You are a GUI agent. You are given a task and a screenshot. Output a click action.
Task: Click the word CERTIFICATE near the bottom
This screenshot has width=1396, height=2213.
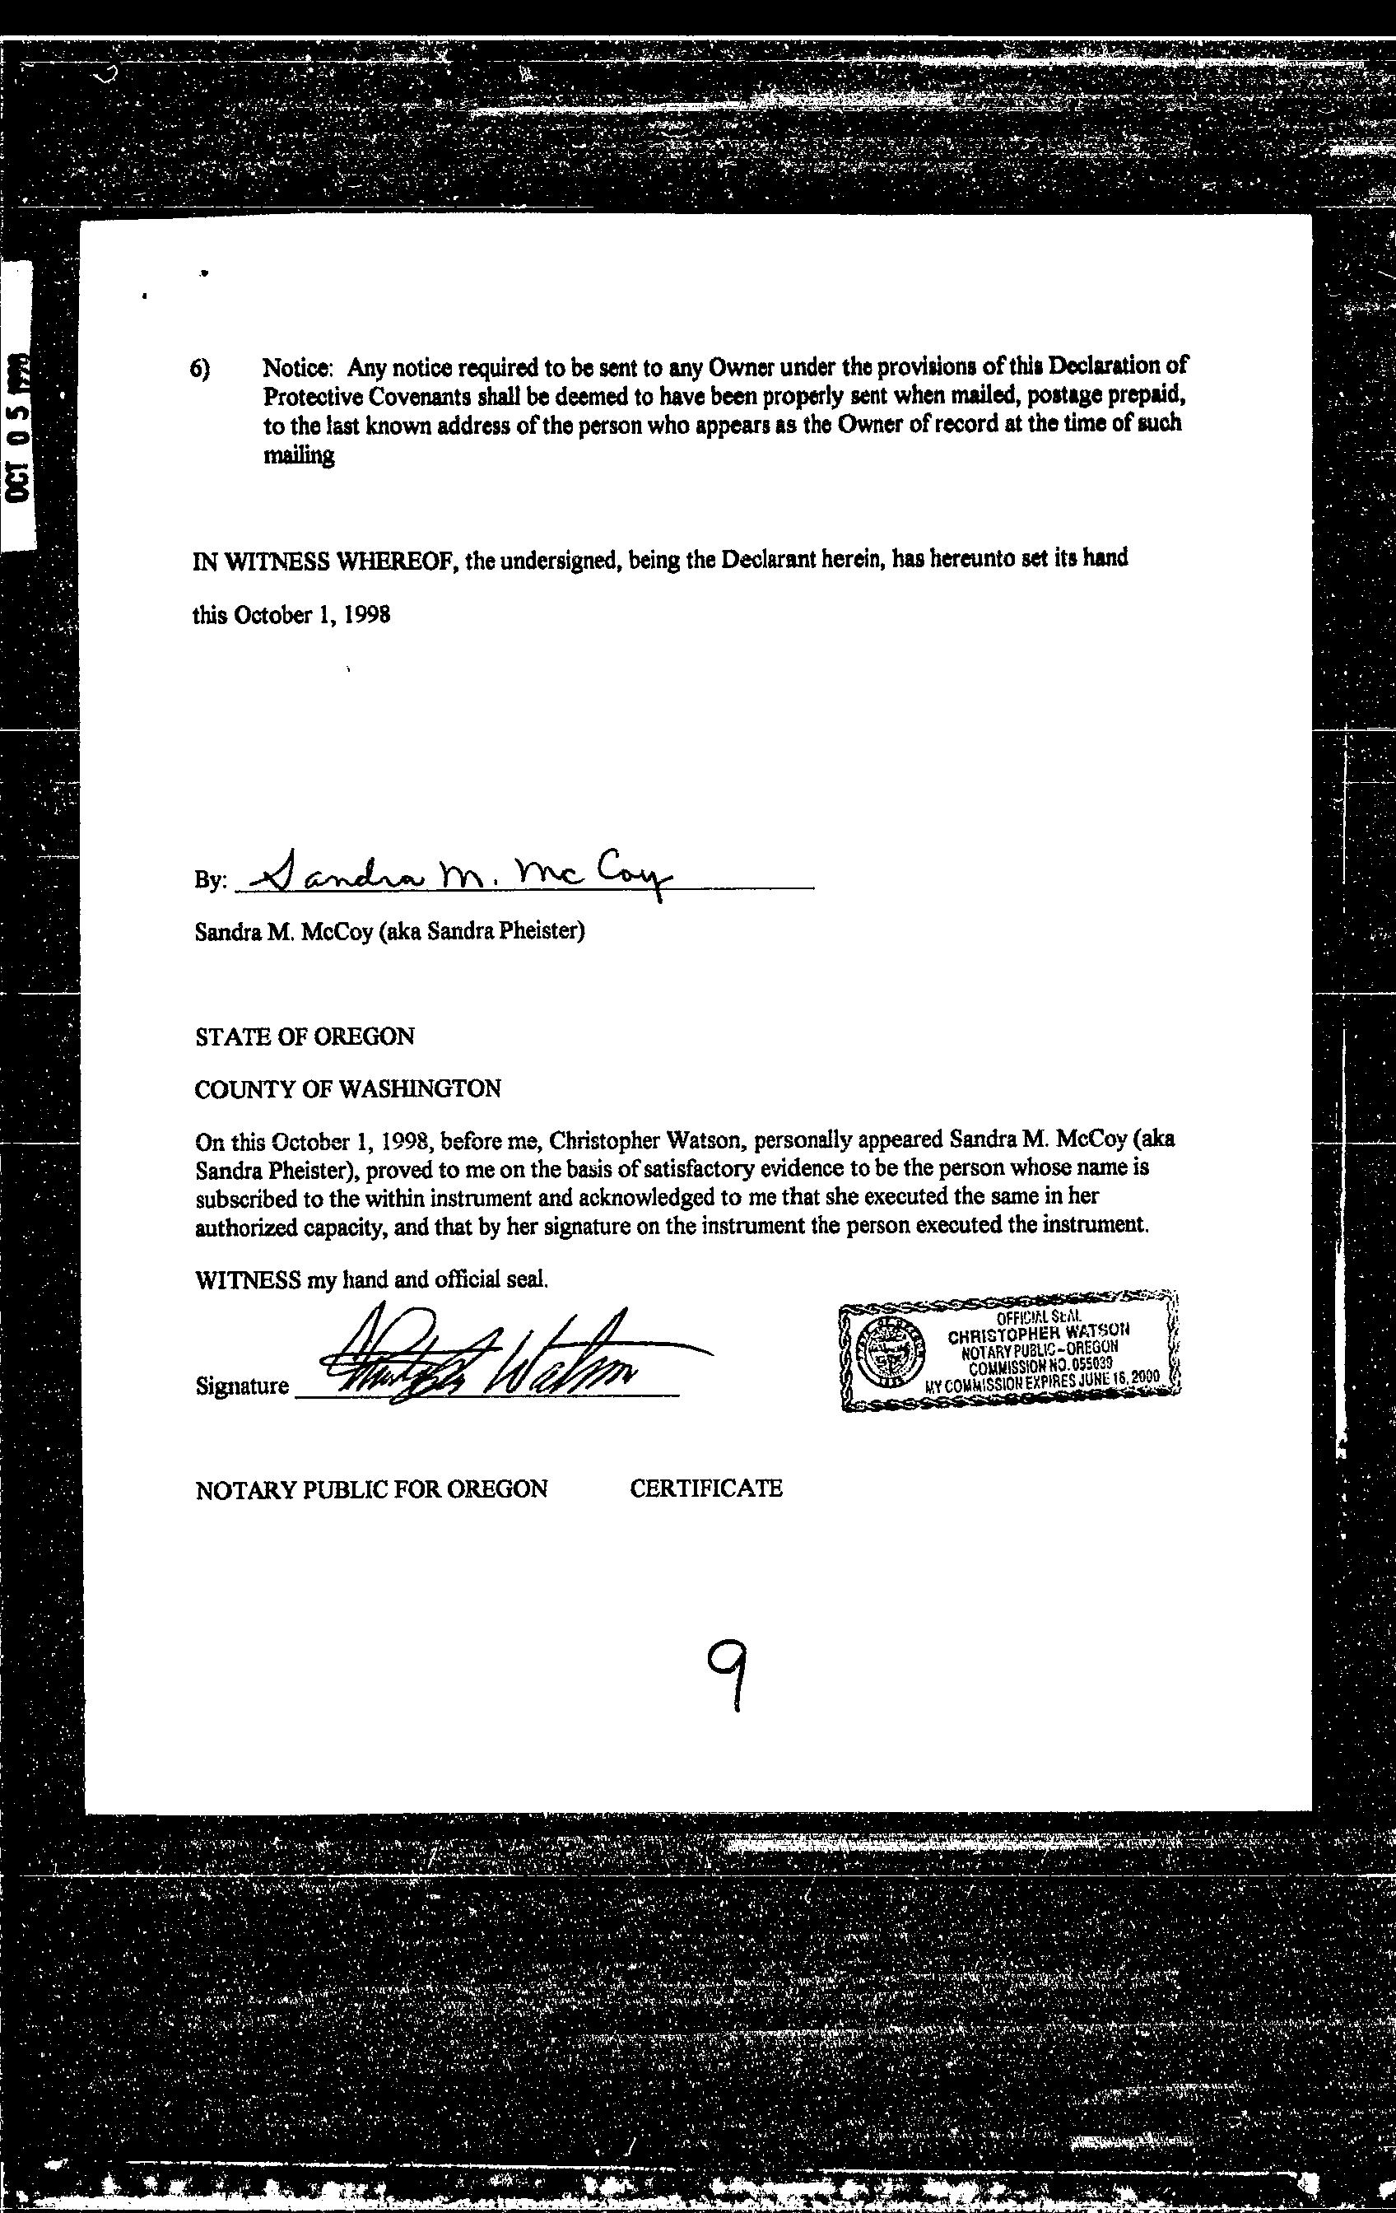[x=705, y=1488]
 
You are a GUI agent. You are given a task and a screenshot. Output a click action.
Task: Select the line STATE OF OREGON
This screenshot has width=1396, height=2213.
[x=305, y=1037]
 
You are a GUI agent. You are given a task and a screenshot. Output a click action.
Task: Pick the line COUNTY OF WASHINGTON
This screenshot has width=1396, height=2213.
[x=347, y=1089]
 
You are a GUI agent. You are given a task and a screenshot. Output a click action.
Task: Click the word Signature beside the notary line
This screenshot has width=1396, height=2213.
[x=242, y=1386]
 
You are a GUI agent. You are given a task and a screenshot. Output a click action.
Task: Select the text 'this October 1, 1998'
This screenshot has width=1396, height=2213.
[x=291, y=615]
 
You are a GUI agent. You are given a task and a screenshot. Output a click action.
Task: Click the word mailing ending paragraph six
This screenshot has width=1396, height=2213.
[x=299, y=455]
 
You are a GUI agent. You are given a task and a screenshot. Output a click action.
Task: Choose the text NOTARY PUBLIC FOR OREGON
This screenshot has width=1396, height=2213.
[x=371, y=1489]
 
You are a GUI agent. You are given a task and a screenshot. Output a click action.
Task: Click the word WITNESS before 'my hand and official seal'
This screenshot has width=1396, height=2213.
[x=248, y=1279]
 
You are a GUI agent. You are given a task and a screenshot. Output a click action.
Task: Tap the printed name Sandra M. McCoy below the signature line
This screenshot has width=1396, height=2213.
[x=285, y=932]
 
